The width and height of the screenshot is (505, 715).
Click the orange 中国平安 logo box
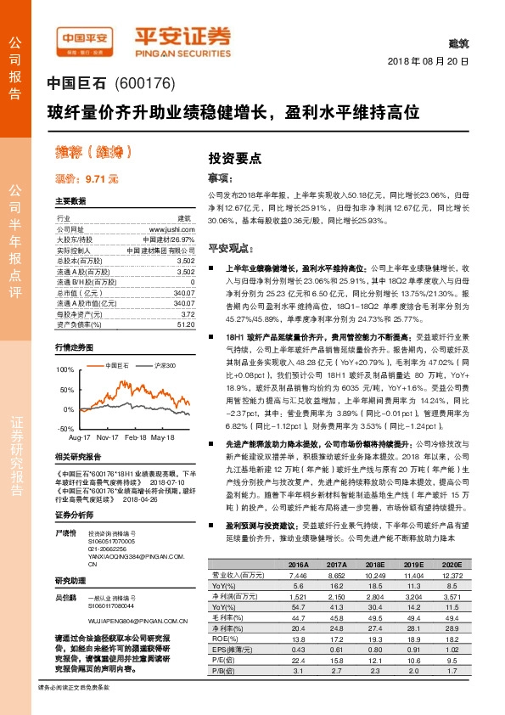pyautogui.click(x=84, y=37)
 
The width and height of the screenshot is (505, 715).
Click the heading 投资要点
pyautogui.click(x=235, y=158)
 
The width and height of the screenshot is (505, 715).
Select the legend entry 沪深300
pyautogui.click(x=165, y=364)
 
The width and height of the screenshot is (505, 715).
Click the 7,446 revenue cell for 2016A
pyautogui.click(x=297, y=575)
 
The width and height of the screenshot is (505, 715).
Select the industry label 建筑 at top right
pyautogui.click(x=457, y=42)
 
